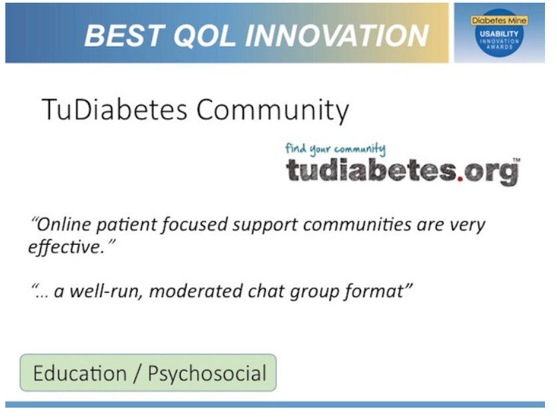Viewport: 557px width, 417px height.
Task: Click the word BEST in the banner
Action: pyautogui.click(x=125, y=36)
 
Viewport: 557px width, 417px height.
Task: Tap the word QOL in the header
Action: pyautogui.click(x=205, y=36)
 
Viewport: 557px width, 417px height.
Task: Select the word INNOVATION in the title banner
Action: pyautogui.click(x=336, y=36)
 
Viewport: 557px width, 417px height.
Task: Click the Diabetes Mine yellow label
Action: pyautogui.click(x=499, y=20)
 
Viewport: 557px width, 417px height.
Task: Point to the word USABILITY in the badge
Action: pyautogui.click(x=499, y=34)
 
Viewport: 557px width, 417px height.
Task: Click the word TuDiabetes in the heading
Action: pyautogui.click(x=115, y=109)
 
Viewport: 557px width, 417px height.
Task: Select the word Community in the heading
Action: pyautogui.click(x=273, y=111)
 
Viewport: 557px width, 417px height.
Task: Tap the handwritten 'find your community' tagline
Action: pyautogui.click(x=335, y=149)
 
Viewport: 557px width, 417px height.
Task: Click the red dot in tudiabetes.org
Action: pyautogui.click(x=460, y=178)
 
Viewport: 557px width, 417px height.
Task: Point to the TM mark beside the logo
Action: pyautogui.click(x=516, y=159)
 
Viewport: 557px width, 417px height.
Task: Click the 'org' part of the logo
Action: pyautogui.click(x=491, y=173)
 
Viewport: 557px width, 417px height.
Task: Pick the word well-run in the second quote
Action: pyautogui.click(x=106, y=292)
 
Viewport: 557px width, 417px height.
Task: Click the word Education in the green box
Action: pyautogui.click(x=80, y=373)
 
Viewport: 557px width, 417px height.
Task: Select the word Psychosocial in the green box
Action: pyautogui.click(x=207, y=374)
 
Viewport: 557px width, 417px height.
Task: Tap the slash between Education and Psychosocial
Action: pyautogui.click(x=137, y=374)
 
